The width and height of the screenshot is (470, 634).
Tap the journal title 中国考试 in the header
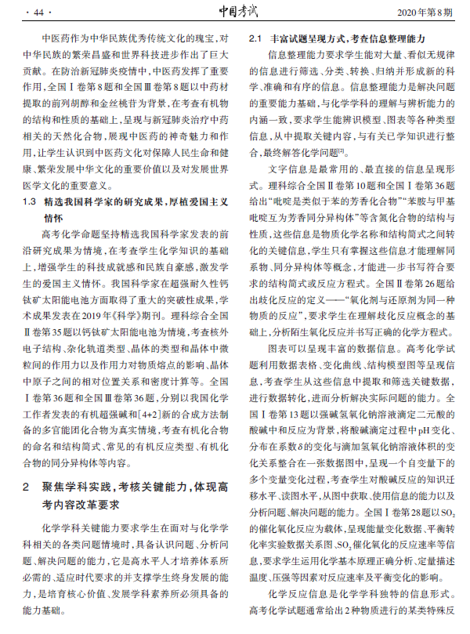tap(235, 11)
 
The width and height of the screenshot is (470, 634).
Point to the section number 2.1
tap(255, 38)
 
